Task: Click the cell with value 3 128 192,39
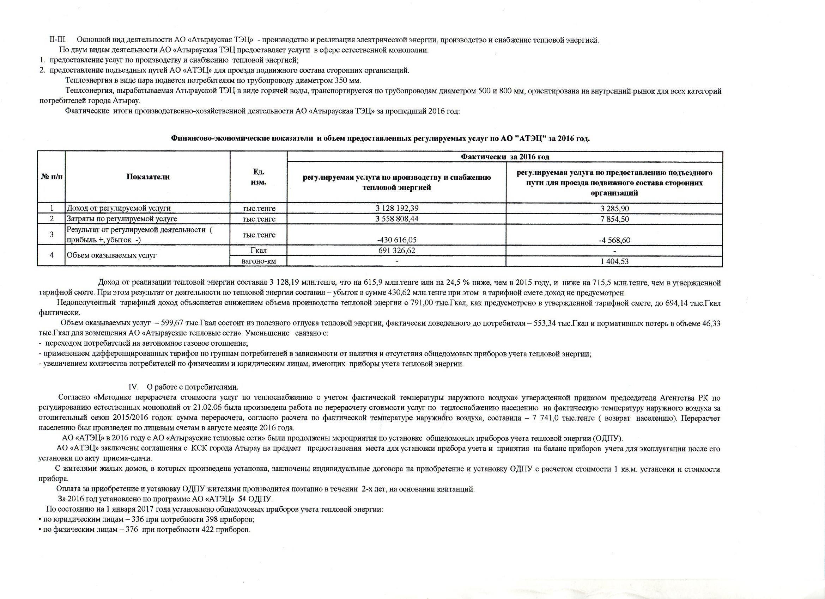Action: (396, 209)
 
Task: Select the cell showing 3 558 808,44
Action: (396, 219)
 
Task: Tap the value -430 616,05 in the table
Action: (396, 240)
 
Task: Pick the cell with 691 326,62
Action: (396, 251)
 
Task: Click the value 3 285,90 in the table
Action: (614, 209)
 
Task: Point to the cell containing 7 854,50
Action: (614, 219)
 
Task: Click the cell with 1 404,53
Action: (614, 261)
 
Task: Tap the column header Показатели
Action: (148, 177)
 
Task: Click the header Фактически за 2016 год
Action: (505, 157)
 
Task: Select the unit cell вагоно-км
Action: (259, 261)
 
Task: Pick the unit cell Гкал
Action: (259, 251)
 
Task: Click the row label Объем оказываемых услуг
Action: (111, 255)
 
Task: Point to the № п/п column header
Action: (51, 177)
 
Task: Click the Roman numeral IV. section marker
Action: (133, 387)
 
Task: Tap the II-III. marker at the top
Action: (57, 39)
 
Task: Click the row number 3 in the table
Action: (51, 235)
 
